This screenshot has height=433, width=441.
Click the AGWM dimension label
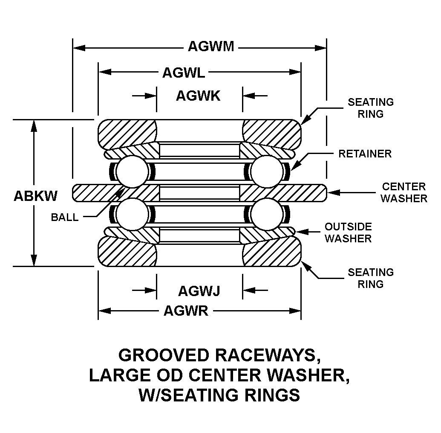pos(211,46)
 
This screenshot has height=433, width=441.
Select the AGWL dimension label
pos(184,73)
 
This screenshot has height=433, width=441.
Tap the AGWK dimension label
pos(198,96)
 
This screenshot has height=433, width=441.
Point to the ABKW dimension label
pos(36,196)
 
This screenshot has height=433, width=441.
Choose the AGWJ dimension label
pos(199,291)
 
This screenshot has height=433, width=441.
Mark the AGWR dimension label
pos(186,311)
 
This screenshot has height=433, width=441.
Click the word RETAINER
pos(365,154)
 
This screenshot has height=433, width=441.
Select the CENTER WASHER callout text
pos(404,192)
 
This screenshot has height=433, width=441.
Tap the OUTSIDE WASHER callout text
pos(348,232)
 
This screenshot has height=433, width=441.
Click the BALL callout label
pos(65,217)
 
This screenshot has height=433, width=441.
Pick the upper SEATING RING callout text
pos(371,108)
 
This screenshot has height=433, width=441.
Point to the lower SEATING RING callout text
pos(371,278)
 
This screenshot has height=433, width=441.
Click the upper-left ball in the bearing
pos(131,171)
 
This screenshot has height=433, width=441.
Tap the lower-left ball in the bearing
pos(131,214)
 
